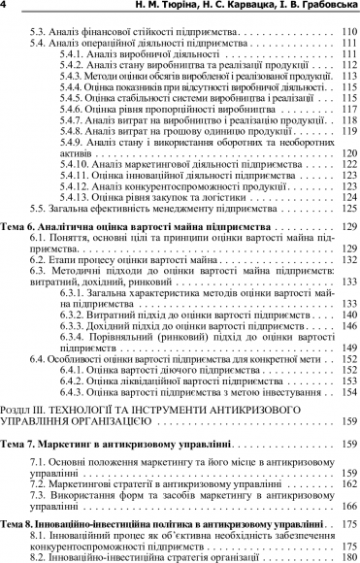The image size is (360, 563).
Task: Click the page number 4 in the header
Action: pos(6,9)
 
